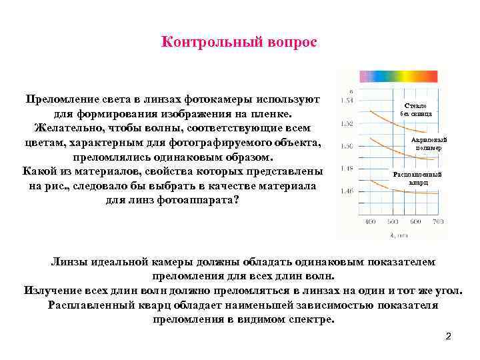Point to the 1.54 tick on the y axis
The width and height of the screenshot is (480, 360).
coord(347,101)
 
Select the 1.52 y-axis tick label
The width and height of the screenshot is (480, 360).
coord(347,123)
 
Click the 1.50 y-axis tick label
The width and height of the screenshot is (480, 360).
coord(347,146)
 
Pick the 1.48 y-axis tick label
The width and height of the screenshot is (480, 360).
coord(347,169)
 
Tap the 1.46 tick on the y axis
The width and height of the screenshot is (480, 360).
coord(347,191)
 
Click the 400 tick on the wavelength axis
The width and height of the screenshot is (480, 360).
coord(371,221)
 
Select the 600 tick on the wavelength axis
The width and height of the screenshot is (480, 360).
coord(416,221)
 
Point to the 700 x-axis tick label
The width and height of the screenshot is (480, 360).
coord(438,221)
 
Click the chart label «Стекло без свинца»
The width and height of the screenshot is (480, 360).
coord(416,110)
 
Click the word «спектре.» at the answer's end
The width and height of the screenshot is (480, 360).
coord(307,319)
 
